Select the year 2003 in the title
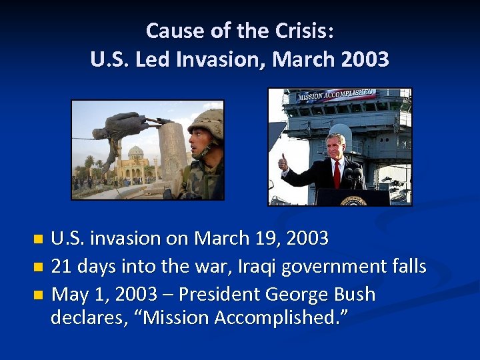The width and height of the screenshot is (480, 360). tap(364, 60)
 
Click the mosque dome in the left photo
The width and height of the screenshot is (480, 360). tap(136, 152)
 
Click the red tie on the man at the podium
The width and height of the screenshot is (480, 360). tap(337, 175)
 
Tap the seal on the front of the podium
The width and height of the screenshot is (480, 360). tap(353, 200)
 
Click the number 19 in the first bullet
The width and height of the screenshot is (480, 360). tap(259, 238)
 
